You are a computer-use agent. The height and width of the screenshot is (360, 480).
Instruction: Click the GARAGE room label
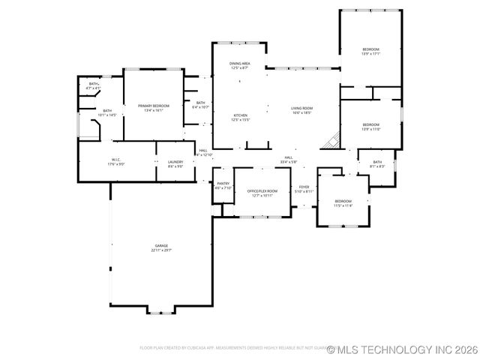[x=161, y=247]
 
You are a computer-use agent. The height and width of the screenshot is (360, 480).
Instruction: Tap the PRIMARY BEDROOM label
[x=154, y=108]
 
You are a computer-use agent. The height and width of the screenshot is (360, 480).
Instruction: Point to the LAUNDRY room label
[x=175, y=163]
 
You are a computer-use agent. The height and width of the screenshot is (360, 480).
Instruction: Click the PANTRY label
[x=223, y=185]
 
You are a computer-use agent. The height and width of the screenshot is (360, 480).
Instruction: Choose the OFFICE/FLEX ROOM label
[x=262, y=193]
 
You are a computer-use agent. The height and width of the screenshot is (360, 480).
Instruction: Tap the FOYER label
[x=304, y=189]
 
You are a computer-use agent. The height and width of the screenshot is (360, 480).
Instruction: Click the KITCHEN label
[x=240, y=117]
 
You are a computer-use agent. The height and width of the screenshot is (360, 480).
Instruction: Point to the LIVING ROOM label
[x=302, y=110]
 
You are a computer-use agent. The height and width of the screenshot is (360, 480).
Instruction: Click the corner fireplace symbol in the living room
[x=332, y=140]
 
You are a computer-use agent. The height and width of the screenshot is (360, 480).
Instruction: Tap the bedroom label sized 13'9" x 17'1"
[x=370, y=52]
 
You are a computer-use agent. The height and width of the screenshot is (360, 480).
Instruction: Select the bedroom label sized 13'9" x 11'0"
[x=370, y=127]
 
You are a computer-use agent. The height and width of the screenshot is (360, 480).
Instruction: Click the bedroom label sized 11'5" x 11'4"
[x=343, y=202]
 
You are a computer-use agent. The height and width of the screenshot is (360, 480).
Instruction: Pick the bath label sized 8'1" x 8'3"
[x=377, y=163]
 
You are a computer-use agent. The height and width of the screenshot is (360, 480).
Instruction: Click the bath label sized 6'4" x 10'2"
[x=200, y=104]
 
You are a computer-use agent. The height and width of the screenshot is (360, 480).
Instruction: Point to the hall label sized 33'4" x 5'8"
[x=288, y=159]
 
